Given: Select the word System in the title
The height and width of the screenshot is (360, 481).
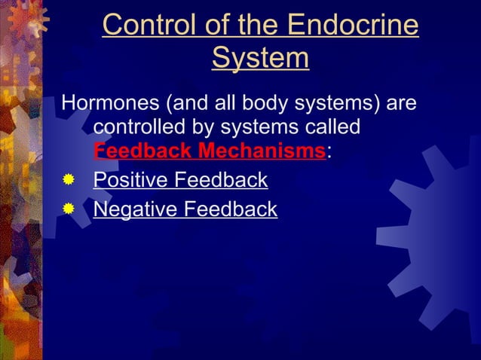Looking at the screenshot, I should (260, 58).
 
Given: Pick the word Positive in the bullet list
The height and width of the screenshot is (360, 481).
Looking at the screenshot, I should (122, 181).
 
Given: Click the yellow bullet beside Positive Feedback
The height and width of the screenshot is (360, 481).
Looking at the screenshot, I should (69, 181).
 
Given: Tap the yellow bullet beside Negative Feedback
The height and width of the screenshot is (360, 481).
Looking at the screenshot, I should (69, 209).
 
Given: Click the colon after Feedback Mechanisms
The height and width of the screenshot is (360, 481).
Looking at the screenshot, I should (329, 151).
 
